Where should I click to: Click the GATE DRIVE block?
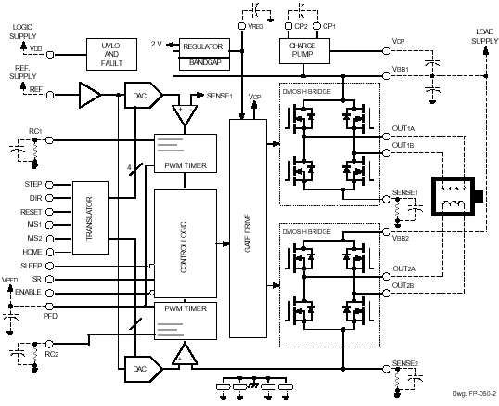(247, 231)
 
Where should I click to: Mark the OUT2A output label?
(403, 269)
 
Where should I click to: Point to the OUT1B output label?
(403, 146)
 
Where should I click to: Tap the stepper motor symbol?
(455, 195)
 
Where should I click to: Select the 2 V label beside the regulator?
(158, 44)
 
